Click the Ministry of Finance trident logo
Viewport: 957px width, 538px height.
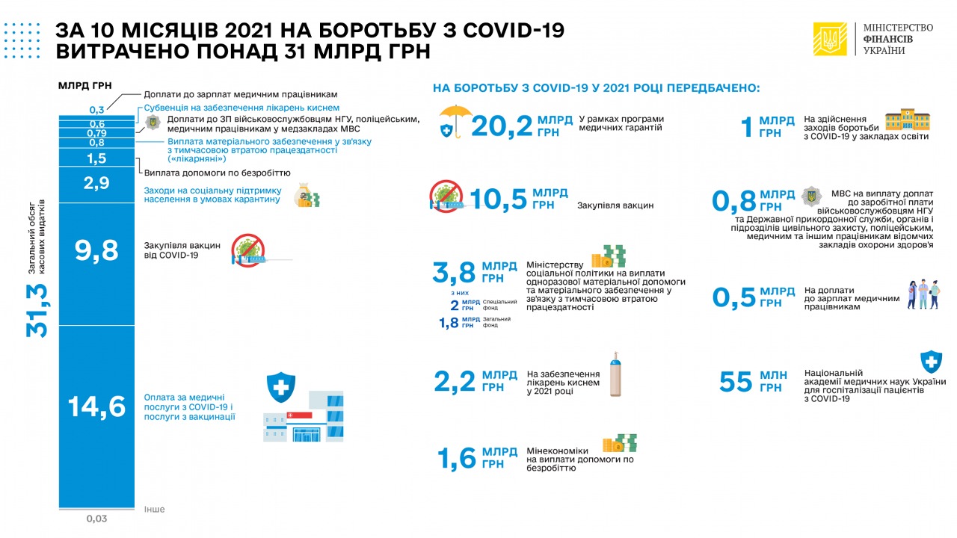pos(830,39)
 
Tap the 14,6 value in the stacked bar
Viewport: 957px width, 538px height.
pos(96,407)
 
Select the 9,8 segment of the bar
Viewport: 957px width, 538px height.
pos(96,251)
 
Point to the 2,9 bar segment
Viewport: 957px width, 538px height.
pos(96,184)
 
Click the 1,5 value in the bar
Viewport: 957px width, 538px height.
pos(96,158)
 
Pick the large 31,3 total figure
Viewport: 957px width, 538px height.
pos(37,310)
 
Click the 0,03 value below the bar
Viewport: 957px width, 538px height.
pos(96,518)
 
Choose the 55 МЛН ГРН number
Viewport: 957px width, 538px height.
pos(736,382)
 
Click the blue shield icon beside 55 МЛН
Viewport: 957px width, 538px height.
pos(930,362)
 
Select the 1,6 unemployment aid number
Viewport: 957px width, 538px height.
pos(457,458)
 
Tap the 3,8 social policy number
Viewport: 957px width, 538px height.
pos(454,273)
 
